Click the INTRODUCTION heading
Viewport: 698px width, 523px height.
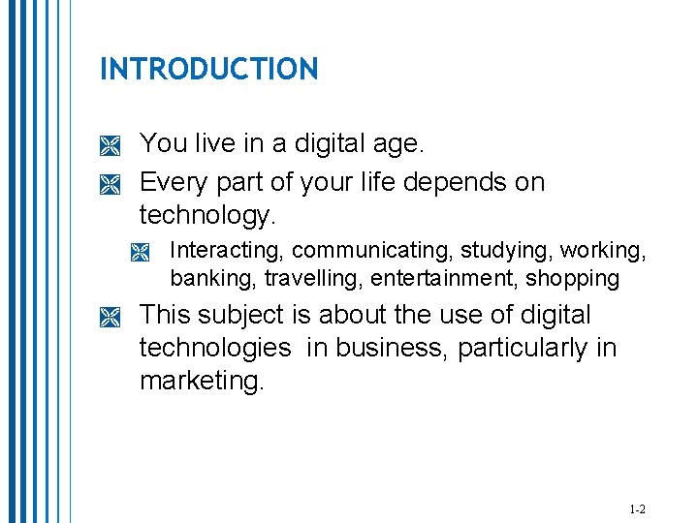tap(208, 69)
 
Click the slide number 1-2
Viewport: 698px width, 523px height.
tap(637, 509)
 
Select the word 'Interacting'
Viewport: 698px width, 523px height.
tap(226, 250)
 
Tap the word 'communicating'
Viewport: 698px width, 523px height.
tap(372, 250)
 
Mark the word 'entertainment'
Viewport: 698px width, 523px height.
tap(434, 279)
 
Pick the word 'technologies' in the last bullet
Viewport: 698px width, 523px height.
tap(214, 348)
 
